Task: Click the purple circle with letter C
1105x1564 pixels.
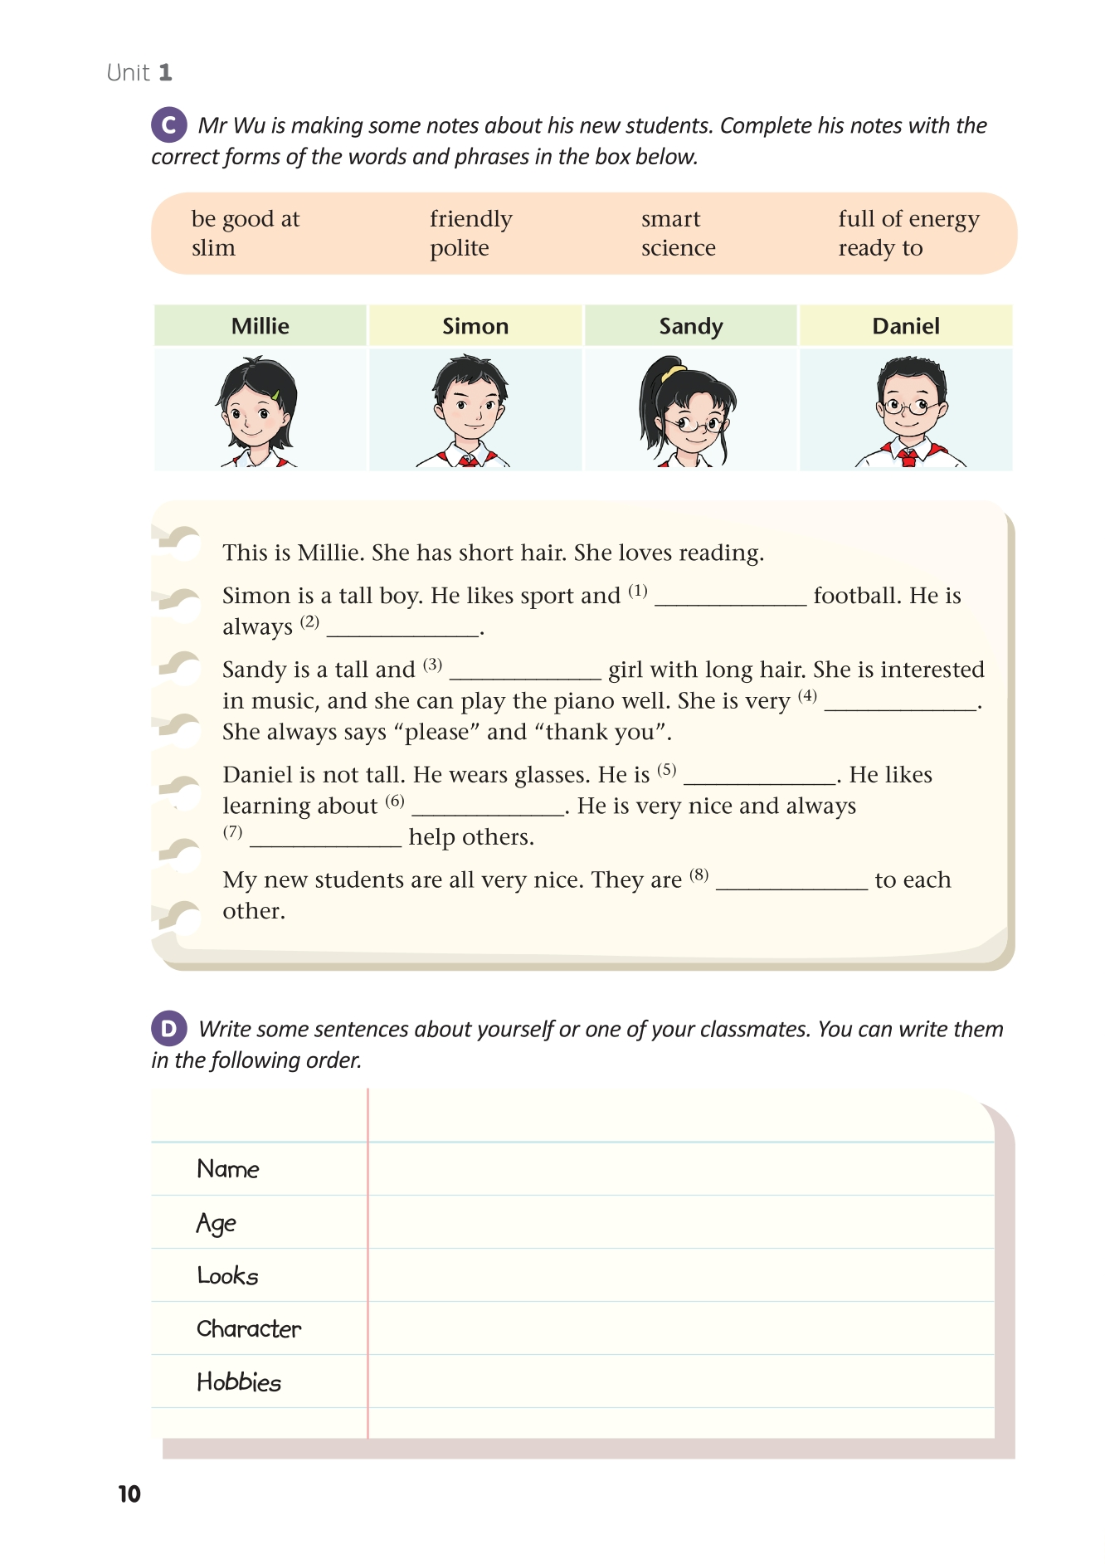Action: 168,125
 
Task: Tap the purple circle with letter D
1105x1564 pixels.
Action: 168,1029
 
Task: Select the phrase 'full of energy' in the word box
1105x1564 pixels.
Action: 908,219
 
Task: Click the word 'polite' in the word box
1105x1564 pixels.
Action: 459,248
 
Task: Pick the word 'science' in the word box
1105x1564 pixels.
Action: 678,248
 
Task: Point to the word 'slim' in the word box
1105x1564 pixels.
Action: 213,248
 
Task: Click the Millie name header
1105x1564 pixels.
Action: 260,326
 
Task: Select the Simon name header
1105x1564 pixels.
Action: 475,326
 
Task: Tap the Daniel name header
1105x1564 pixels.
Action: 906,326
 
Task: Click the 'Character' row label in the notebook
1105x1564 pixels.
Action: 249,1329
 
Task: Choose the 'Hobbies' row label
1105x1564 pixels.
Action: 239,1382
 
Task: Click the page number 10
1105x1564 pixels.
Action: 129,1494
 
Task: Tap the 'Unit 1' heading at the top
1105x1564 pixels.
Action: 139,73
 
